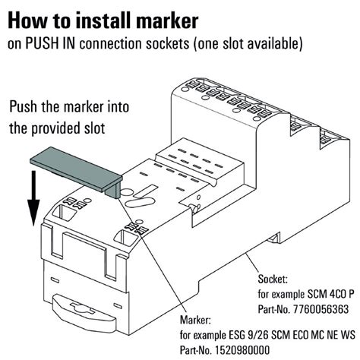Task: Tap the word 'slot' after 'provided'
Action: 102,128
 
